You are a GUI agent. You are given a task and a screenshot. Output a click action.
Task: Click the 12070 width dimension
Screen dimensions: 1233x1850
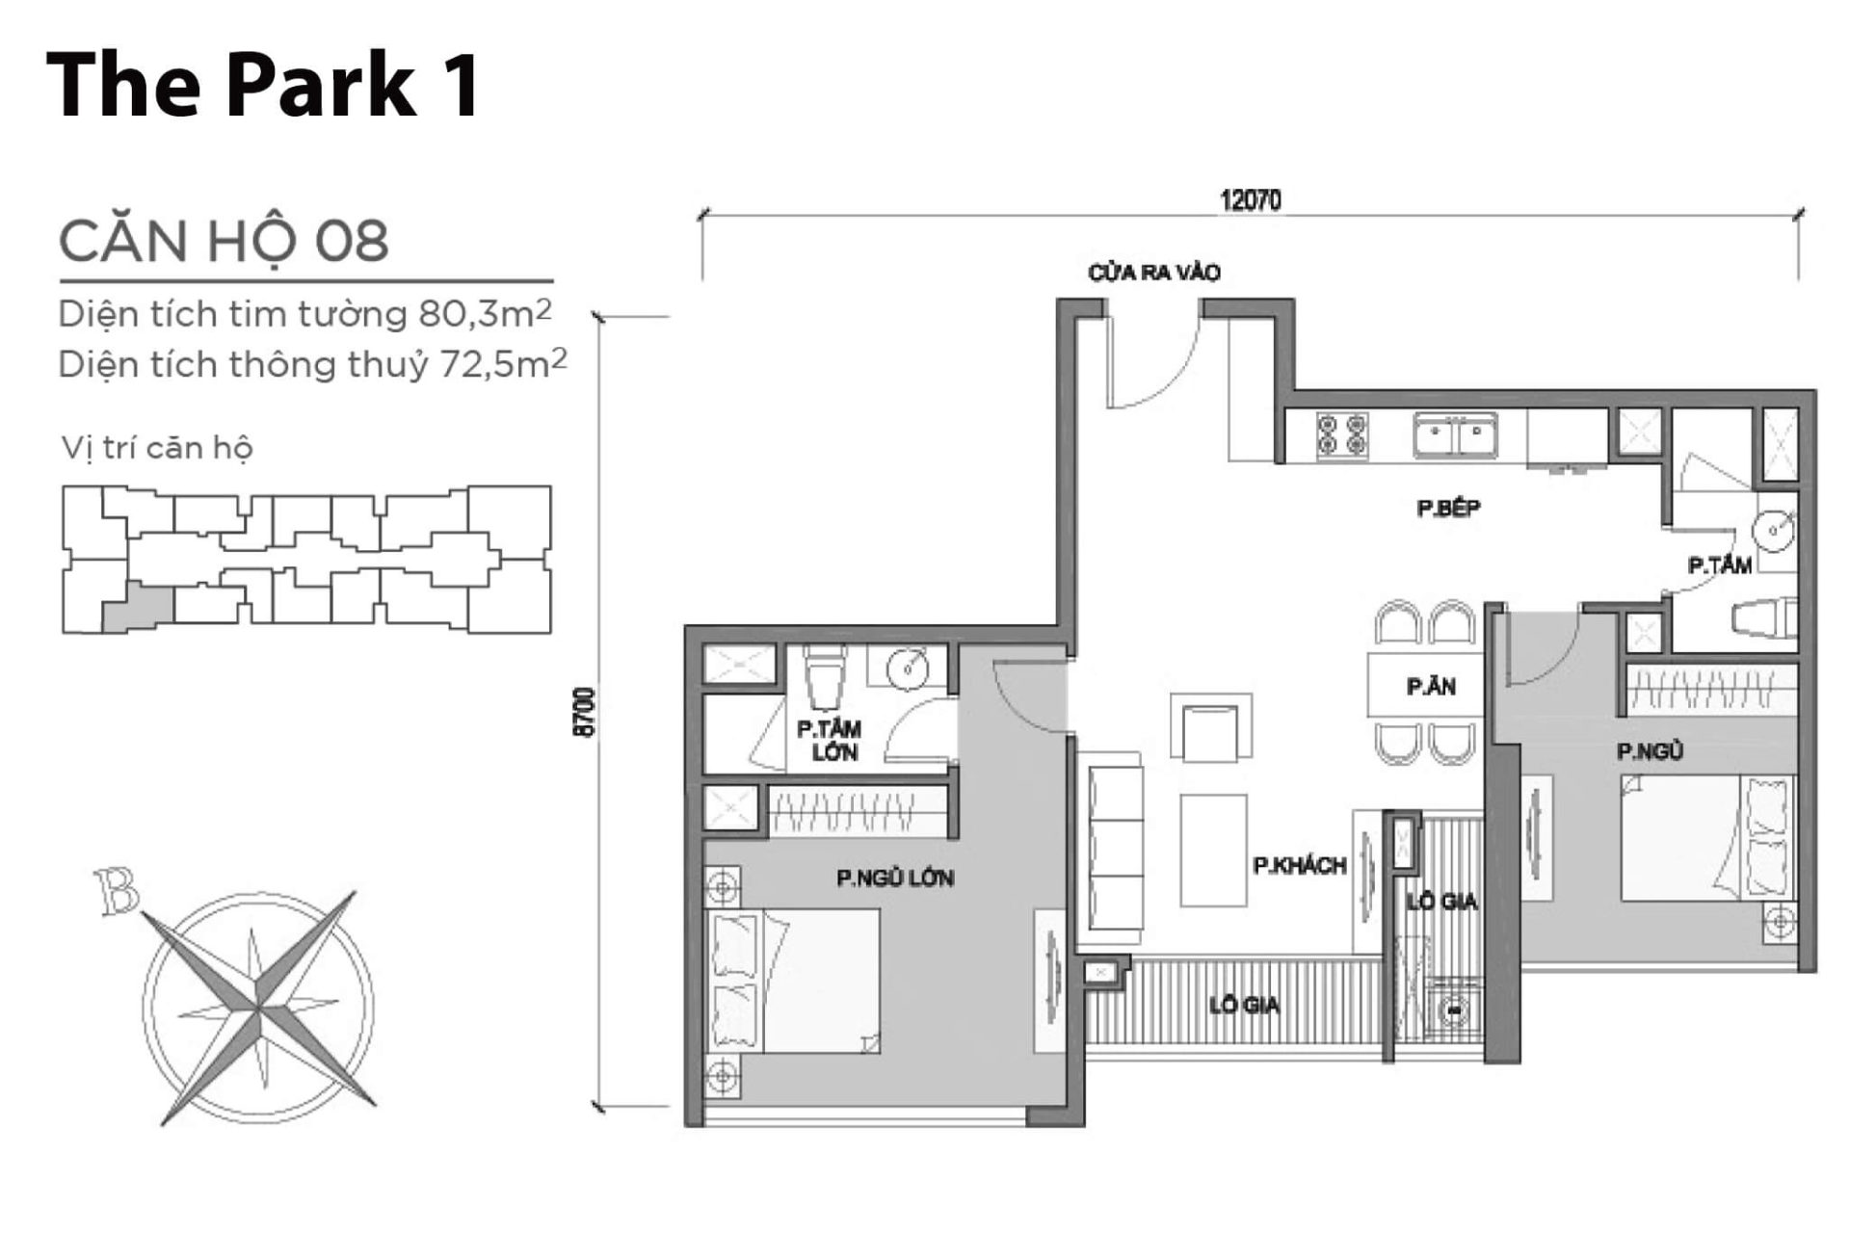1250,200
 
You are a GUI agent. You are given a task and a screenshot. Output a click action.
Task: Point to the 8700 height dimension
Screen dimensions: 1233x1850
584,712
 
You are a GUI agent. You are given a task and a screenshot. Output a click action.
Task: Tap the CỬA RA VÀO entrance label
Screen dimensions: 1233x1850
1153,273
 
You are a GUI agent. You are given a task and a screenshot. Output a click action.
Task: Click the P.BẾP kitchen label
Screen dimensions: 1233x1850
1448,508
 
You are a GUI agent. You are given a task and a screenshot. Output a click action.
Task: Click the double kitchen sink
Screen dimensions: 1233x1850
1455,434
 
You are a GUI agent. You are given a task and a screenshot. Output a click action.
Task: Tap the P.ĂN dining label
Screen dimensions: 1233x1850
1430,687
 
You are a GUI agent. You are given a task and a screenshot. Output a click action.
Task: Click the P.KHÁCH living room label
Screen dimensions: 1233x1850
1299,866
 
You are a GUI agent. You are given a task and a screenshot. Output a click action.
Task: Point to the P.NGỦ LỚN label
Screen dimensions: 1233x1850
895,878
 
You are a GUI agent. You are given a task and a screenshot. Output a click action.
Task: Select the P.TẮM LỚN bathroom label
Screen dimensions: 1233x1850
829,741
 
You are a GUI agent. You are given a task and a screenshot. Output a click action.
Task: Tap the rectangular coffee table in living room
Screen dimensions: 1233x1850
1213,850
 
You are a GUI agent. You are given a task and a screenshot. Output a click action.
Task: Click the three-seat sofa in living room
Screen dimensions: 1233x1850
1115,849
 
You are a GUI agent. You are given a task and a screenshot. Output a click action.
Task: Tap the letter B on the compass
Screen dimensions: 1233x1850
117,892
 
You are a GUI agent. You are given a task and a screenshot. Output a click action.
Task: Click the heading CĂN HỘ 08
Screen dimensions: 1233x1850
224,241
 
